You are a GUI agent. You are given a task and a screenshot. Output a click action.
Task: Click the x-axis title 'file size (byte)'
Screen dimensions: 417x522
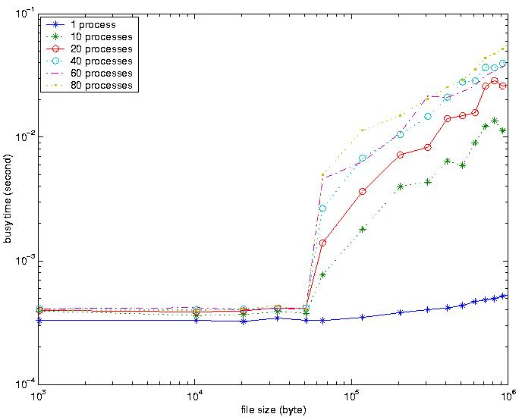272,410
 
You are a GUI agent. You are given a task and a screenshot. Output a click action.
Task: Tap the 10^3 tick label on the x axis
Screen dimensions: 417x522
37,397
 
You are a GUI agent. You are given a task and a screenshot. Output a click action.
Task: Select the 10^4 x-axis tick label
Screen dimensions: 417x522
194,397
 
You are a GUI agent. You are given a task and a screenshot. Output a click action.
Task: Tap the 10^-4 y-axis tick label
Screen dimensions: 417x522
23,385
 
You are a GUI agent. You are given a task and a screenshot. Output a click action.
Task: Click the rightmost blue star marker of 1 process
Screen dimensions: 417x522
503,296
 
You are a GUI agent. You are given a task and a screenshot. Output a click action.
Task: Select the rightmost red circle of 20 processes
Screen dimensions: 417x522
503,86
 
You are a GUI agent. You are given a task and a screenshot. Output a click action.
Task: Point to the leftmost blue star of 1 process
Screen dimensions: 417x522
38,320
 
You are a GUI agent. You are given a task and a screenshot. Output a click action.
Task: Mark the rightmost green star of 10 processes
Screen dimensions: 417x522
503,130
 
